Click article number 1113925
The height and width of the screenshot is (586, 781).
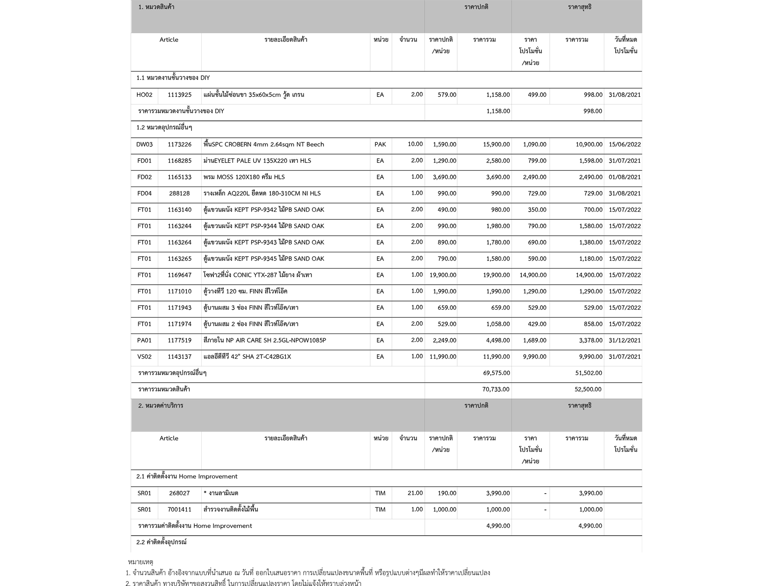click(180, 95)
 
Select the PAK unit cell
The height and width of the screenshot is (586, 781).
click(380, 145)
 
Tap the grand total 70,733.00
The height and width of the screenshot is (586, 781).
click(496, 390)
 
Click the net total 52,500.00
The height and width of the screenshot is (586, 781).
click(588, 390)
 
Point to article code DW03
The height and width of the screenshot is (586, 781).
click(145, 145)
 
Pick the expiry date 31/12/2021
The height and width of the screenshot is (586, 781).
click(625, 340)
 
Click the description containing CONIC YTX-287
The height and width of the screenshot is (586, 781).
click(258, 275)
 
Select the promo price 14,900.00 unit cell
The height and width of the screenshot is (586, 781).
click(533, 275)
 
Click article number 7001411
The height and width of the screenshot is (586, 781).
click(180, 510)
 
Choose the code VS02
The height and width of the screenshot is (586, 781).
click(145, 357)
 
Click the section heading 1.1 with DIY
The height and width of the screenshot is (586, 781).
click(173, 78)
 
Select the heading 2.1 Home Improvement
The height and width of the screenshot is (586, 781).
click(187, 477)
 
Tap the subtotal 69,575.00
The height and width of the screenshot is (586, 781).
click(496, 373)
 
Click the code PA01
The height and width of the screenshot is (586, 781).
click(145, 340)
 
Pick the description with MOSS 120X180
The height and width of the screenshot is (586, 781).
click(244, 177)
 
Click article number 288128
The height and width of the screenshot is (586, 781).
click(180, 193)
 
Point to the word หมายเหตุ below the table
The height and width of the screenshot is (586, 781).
click(140, 562)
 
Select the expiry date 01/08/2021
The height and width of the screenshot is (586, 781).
click(625, 177)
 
